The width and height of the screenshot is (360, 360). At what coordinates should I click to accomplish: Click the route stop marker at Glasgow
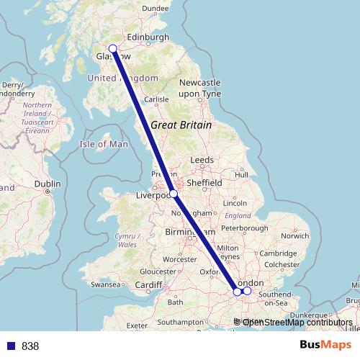(112, 49)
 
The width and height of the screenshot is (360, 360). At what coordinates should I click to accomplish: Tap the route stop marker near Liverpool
(174, 194)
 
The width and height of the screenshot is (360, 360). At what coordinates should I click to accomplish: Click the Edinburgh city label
(148, 37)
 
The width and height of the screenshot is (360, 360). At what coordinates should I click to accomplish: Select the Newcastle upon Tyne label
(199, 88)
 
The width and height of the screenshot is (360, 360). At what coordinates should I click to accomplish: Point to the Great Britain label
(181, 125)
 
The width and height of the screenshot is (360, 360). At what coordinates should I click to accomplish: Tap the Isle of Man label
(104, 144)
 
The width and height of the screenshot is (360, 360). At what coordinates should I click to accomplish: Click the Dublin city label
(47, 184)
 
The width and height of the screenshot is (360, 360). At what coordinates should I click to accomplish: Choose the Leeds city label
(202, 160)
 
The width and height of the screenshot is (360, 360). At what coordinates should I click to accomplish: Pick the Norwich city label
(295, 235)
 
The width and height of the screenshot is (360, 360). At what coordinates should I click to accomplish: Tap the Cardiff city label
(149, 284)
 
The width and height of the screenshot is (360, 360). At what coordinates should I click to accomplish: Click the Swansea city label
(105, 285)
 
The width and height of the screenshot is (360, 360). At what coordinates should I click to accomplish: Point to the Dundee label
(156, 9)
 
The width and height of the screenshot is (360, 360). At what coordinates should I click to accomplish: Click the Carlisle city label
(156, 100)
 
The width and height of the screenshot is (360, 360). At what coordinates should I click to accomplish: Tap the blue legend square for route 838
(9, 346)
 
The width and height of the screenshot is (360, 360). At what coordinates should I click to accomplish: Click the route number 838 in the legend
(30, 346)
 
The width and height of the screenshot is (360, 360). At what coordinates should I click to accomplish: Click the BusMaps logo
(325, 345)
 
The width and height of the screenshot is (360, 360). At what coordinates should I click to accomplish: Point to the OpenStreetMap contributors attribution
(297, 322)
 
